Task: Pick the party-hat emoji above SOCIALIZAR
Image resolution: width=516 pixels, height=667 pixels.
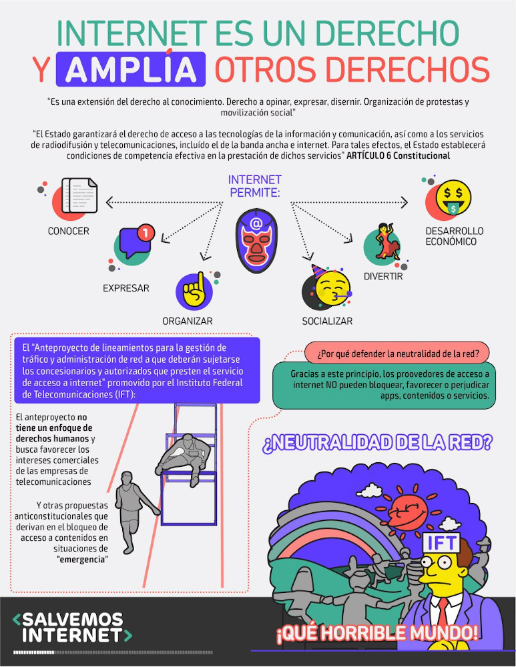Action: point(327,287)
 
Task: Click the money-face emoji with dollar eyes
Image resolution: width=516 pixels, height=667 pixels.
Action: point(451,196)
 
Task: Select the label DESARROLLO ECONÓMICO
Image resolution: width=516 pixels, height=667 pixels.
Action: point(454,236)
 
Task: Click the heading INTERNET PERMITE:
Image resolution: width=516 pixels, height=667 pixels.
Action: point(255,186)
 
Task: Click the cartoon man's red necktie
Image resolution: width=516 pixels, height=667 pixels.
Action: point(443,614)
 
